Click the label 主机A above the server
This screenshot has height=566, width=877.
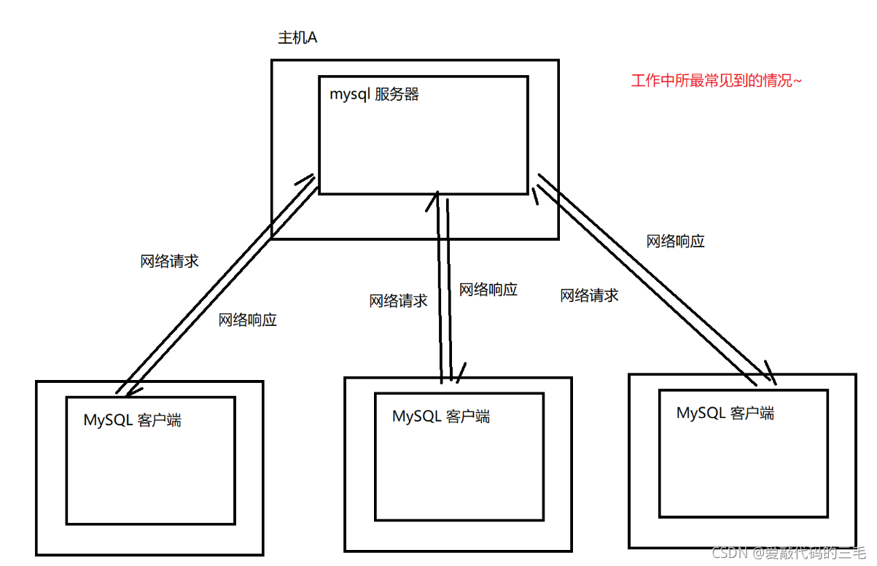(297, 38)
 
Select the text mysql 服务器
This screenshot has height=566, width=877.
(374, 95)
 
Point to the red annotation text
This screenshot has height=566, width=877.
(716, 81)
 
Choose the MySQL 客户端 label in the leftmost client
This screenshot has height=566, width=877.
(133, 420)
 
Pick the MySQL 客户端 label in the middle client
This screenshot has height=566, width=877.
(441, 416)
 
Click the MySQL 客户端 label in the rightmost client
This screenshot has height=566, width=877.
(725, 413)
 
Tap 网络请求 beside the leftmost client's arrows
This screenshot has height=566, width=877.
(169, 262)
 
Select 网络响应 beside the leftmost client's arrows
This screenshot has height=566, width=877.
(248, 319)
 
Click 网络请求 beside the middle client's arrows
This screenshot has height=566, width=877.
(398, 301)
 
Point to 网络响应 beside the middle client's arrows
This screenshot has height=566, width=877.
(488, 290)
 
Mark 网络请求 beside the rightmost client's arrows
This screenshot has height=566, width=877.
(589, 295)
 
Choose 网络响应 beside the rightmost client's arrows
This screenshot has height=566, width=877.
(676, 241)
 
